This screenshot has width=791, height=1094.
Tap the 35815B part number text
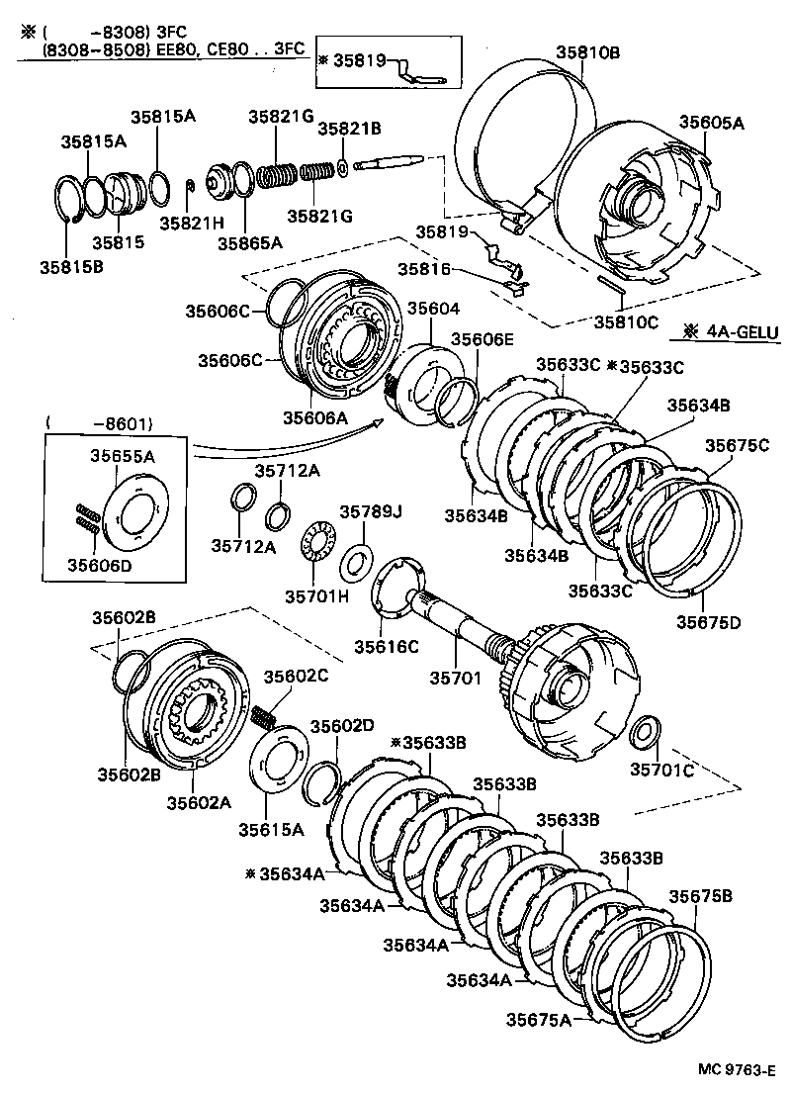[x=71, y=265]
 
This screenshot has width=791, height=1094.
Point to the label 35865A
[x=250, y=241]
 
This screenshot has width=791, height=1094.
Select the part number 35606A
[x=315, y=417]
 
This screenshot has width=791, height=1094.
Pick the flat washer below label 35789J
[x=356, y=564]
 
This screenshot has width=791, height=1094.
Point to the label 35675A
[x=539, y=1019]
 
